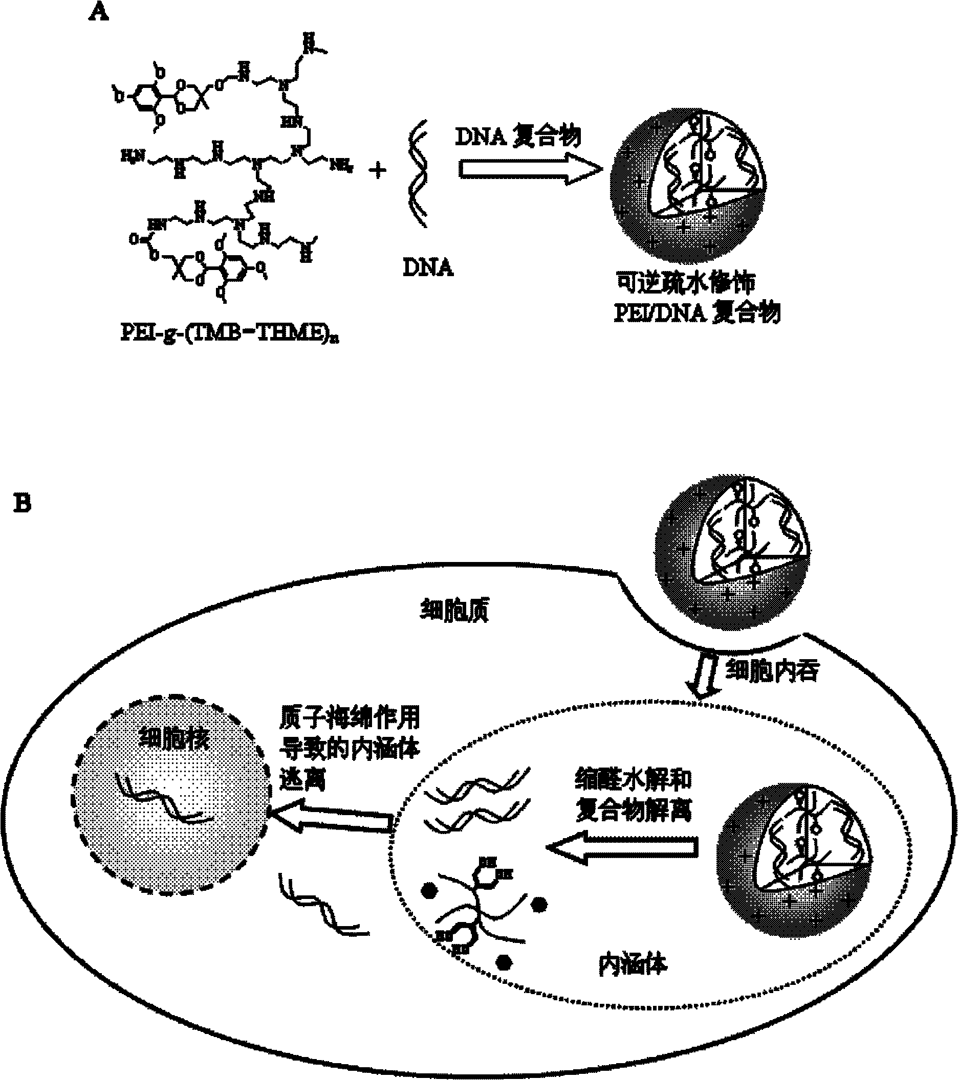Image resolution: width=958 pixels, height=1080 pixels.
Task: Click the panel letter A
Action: pos(98,12)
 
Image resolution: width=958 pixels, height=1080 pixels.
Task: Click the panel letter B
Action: pos(23,503)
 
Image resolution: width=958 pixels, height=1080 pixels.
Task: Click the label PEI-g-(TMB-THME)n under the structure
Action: pos(229,333)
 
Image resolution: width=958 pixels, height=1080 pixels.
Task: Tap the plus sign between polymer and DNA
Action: pos(378,170)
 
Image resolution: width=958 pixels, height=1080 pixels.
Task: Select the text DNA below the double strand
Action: pos(428,267)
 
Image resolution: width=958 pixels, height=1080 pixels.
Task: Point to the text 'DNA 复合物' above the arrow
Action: pos(518,137)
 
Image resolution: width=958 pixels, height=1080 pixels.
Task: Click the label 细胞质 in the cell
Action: pos(454,611)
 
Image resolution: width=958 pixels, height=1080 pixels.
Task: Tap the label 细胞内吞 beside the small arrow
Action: pos(772,671)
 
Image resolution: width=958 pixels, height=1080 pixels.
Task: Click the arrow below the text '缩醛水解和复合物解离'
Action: pos(621,847)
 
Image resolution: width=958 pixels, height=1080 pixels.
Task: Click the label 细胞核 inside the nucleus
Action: pos(175,739)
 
